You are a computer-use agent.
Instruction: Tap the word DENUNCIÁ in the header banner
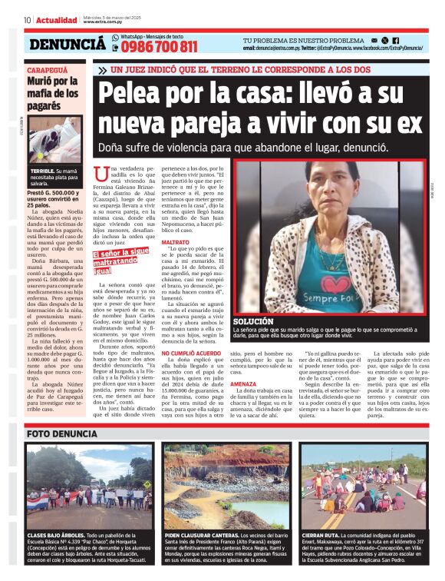(68, 44)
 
